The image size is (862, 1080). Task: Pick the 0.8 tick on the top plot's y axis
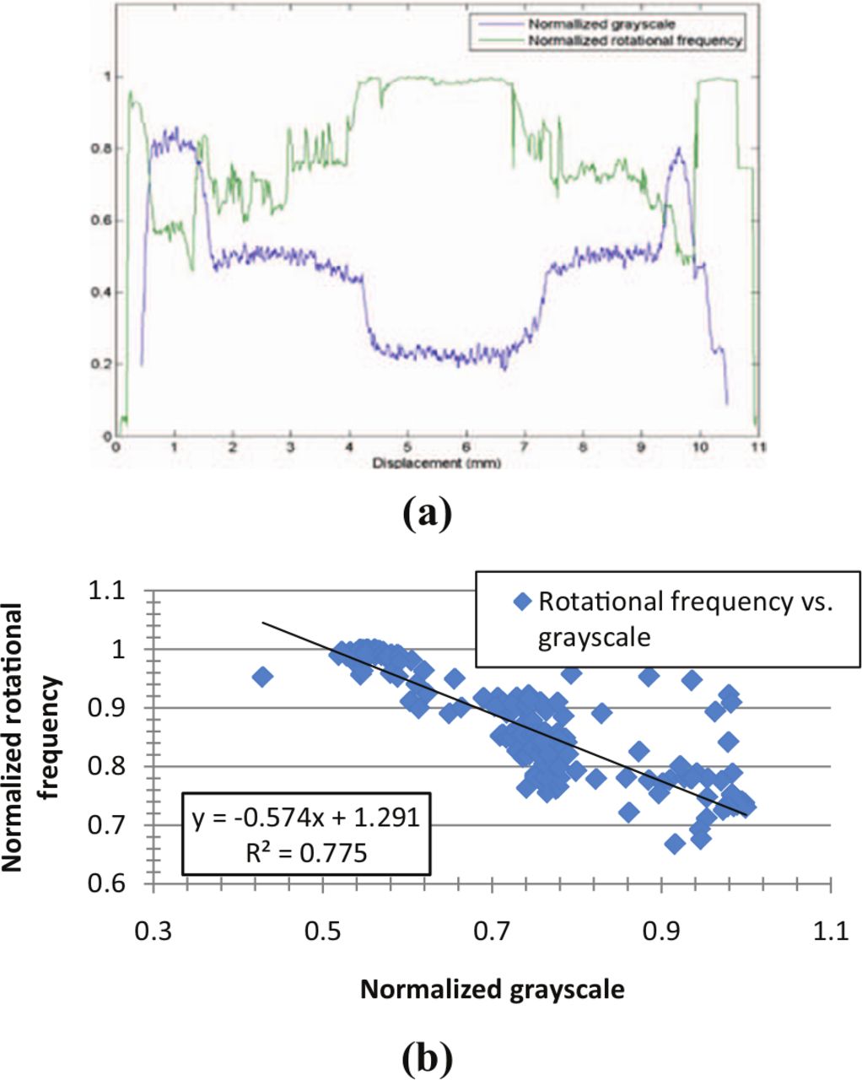tap(106, 148)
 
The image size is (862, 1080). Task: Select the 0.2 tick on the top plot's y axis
tap(106, 364)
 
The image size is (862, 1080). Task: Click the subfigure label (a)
tap(428, 513)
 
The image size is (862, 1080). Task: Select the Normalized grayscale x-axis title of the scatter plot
tap(493, 989)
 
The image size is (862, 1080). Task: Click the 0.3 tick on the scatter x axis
tap(154, 932)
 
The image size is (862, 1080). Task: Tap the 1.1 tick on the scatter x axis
tap(831, 932)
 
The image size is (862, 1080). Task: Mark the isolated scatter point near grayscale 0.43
tap(262, 677)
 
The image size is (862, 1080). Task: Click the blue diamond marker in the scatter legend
tap(523, 602)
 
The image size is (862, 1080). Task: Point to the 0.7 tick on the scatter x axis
tap(493, 932)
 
